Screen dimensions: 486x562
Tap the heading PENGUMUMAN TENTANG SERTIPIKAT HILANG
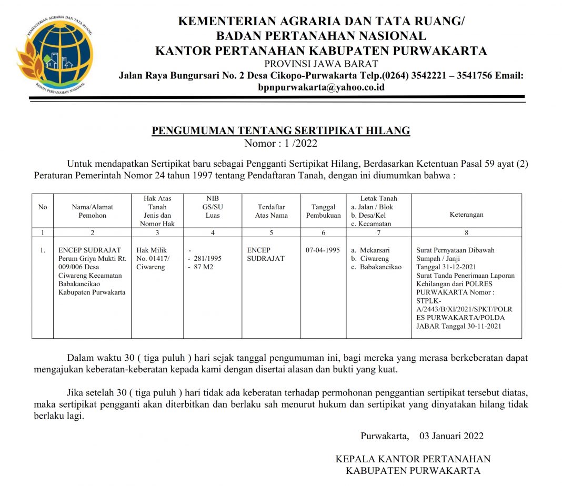click(x=280, y=131)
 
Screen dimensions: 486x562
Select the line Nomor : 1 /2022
click(x=280, y=143)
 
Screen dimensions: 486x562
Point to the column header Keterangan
click(x=466, y=215)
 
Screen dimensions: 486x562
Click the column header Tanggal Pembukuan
click(x=323, y=211)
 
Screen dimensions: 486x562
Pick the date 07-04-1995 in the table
click(x=323, y=250)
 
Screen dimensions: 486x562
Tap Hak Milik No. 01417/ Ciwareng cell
click(x=154, y=259)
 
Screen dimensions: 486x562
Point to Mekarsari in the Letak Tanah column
click(x=375, y=250)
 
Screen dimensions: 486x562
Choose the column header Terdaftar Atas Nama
click(x=271, y=211)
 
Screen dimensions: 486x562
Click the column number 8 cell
click(x=466, y=232)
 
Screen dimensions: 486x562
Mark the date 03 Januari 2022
click(x=451, y=436)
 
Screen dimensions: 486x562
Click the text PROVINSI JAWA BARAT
click(x=321, y=64)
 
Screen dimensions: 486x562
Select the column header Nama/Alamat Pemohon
click(x=92, y=211)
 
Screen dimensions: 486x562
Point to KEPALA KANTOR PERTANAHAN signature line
click(x=413, y=459)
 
